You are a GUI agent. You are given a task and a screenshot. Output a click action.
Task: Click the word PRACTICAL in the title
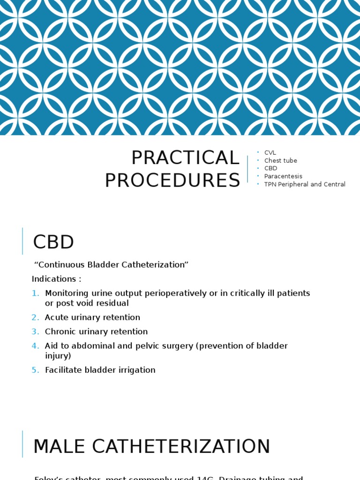coord(185,158)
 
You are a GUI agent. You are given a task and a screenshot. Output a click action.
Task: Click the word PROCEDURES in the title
coord(172,180)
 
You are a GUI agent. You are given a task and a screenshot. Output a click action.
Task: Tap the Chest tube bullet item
coord(280,160)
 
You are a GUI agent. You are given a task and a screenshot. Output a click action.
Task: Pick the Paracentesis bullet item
coord(283,176)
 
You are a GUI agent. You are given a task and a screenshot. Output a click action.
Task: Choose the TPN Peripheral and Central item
coord(305,184)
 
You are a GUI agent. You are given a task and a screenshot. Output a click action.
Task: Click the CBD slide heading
coord(53,242)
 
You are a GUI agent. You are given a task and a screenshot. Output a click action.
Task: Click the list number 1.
coord(36,293)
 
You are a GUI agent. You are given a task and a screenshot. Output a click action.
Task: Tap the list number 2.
coord(36,317)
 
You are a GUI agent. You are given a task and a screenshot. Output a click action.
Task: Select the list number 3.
coord(36,332)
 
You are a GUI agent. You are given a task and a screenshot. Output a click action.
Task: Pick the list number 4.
coord(36,346)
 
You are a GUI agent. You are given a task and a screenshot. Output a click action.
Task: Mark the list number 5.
coord(36,370)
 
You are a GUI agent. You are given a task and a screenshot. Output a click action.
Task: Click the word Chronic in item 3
coord(60,332)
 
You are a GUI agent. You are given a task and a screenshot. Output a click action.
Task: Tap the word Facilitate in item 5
coord(62,370)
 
